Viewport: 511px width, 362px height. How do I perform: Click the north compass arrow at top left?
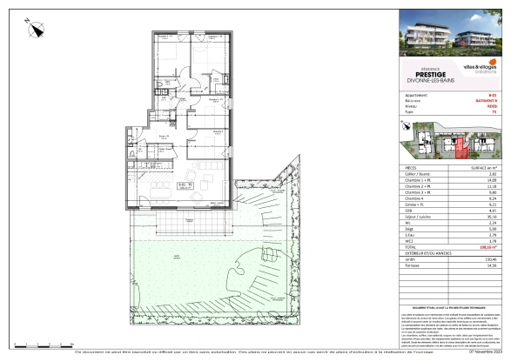[x=36, y=30]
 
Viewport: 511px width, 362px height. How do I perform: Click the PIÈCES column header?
[x=413, y=166]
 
